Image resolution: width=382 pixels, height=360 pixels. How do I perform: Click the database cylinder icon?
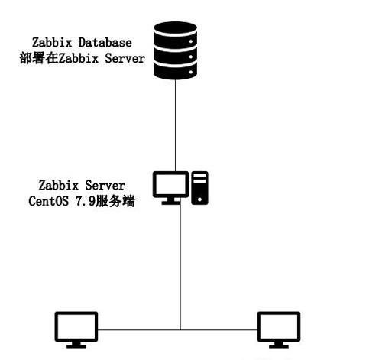pyautogui.click(x=175, y=50)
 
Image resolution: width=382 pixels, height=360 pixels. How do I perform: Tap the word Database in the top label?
pyautogui.click(x=105, y=43)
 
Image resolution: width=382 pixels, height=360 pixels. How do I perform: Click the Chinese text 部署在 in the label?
pyautogui.click(x=39, y=58)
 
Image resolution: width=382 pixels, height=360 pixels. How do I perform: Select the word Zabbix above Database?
pyautogui.click(x=52, y=43)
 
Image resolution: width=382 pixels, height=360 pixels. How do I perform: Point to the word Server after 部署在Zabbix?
pyautogui.click(x=125, y=58)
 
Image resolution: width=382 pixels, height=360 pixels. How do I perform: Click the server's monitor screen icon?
pyautogui.click(x=170, y=188)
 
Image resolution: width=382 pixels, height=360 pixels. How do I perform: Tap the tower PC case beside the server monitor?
pyautogui.click(x=199, y=188)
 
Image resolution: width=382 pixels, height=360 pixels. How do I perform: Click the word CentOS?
pyautogui.click(x=48, y=201)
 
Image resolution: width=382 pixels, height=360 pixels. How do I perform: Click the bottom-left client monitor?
pyautogui.click(x=76, y=329)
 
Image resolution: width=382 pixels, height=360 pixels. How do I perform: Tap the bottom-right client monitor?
pyautogui.click(x=279, y=329)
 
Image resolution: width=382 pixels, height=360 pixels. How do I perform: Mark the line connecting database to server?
pyautogui.click(x=175, y=125)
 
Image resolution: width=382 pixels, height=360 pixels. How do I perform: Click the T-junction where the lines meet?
pyautogui.click(x=180, y=330)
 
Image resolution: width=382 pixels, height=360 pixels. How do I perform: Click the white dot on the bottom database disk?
pyautogui.click(x=191, y=73)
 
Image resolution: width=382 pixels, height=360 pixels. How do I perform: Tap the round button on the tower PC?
pyautogui.click(x=199, y=199)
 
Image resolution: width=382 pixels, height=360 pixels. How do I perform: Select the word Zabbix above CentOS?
pyautogui.click(x=59, y=185)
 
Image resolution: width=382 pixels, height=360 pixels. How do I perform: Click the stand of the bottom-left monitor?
pyautogui.click(x=76, y=345)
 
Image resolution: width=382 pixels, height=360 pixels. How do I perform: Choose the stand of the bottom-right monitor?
pyautogui.click(x=279, y=345)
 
